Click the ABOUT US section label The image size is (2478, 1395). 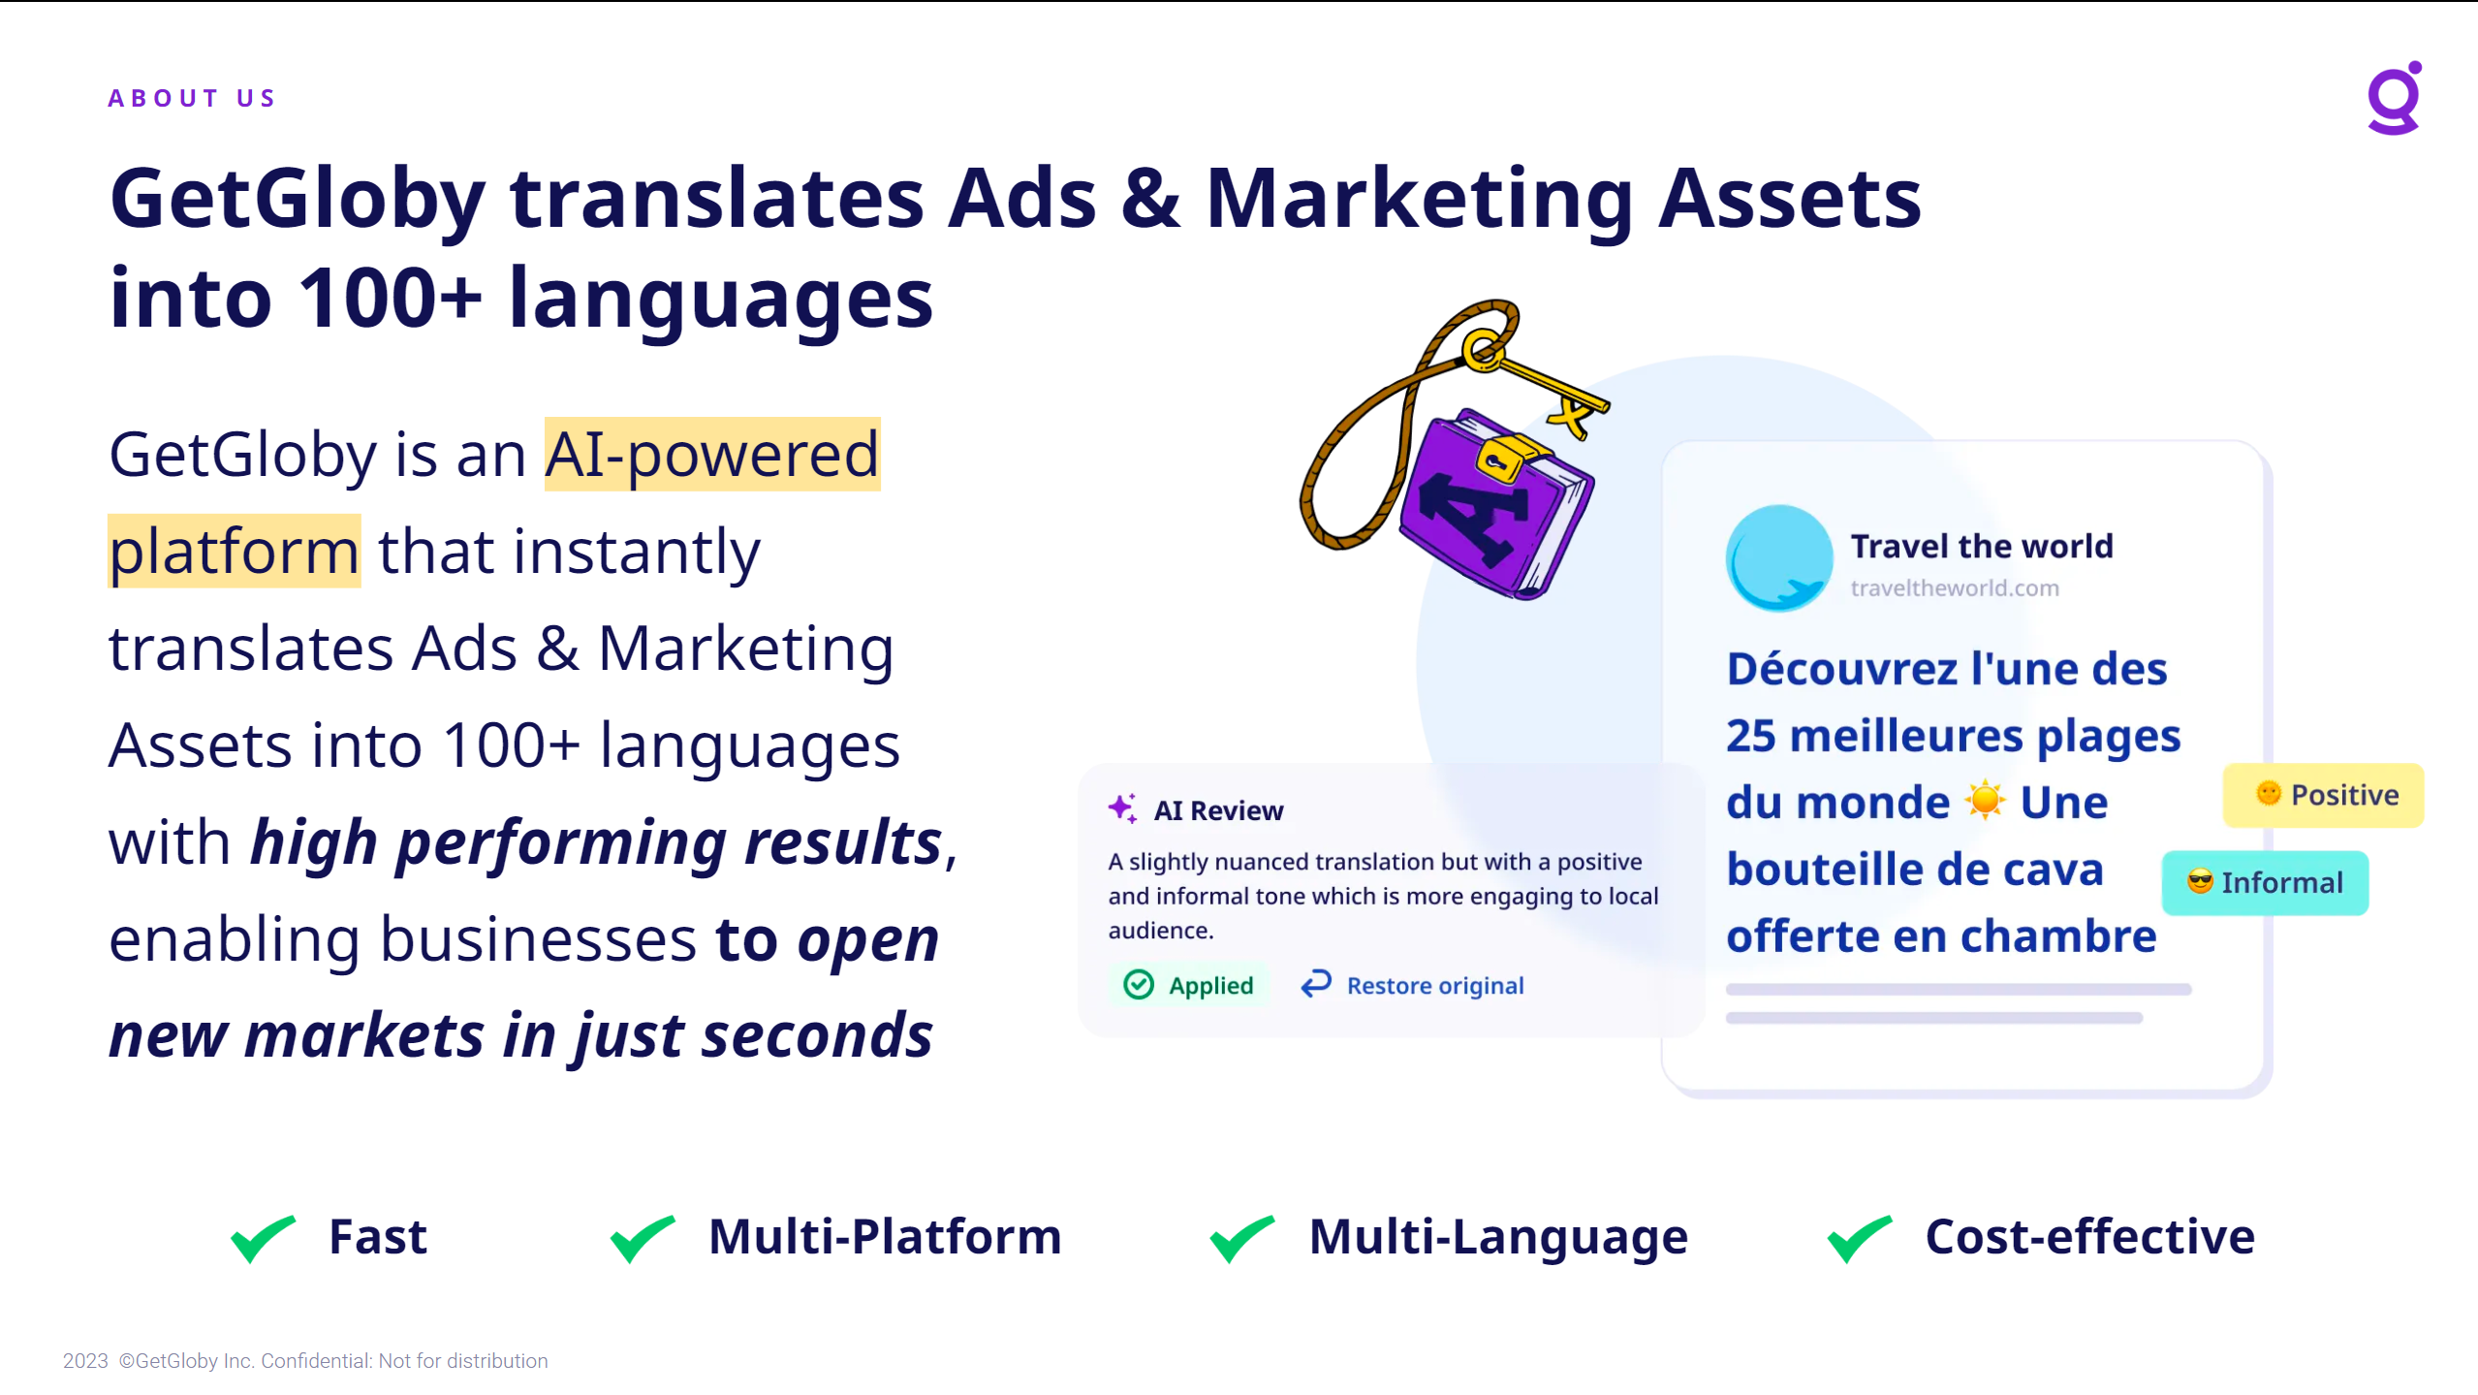[x=192, y=98]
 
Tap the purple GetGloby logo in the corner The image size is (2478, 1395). [x=2394, y=98]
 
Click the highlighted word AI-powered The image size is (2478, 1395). [x=711, y=454]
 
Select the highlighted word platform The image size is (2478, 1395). [x=234, y=551]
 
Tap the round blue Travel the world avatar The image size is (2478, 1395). [x=1778, y=557]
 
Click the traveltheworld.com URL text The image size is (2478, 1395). [x=1954, y=587]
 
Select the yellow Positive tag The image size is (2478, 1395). [x=2323, y=795]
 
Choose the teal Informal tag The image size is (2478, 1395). [x=2265, y=883]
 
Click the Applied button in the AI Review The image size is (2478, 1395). [x=1188, y=985]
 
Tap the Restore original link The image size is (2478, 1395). [x=1412, y=985]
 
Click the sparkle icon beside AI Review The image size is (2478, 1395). [x=1122, y=808]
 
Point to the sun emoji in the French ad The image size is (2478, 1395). [x=1984, y=801]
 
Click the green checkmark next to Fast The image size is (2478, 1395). [x=263, y=1237]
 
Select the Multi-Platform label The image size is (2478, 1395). [x=885, y=1237]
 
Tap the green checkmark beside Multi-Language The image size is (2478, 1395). [x=1242, y=1237]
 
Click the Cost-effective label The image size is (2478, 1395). [x=2089, y=1237]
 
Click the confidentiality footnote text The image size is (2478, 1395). [x=305, y=1361]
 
